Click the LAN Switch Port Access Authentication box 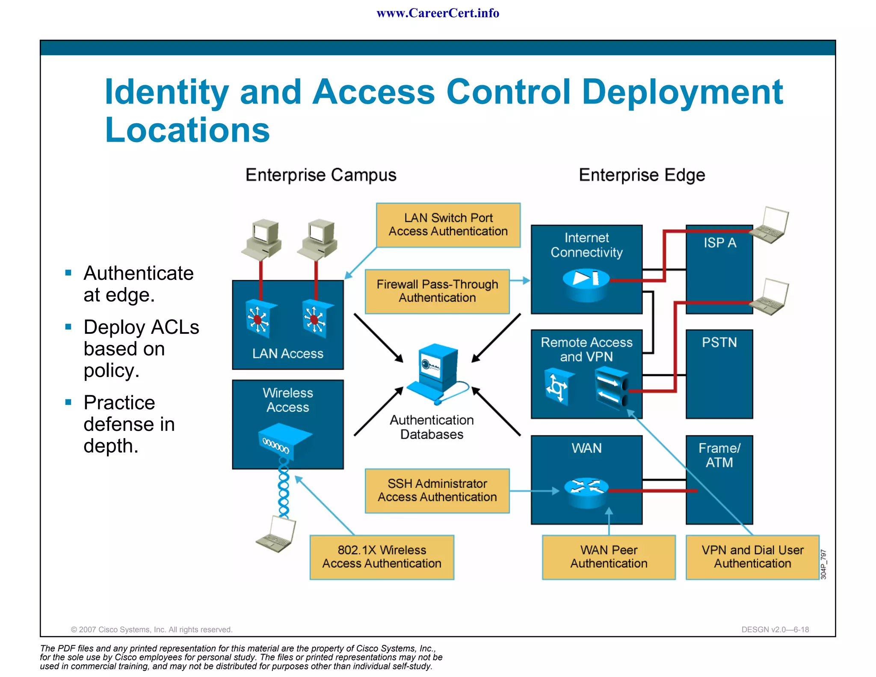click(448, 225)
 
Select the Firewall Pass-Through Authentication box click(437, 291)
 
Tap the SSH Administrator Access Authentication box click(437, 490)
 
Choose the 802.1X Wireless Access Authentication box click(382, 557)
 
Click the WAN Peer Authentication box click(609, 557)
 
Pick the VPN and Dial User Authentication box click(752, 557)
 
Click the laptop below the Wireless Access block click(276, 535)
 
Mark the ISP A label click(720, 243)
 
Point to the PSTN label click(719, 342)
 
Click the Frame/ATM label click(719, 455)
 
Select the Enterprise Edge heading click(642, 175)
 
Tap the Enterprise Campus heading click(321, 175)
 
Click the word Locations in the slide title click(187, 130)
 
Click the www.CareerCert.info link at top click(438, 13)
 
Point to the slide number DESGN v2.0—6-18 click(775, 629)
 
